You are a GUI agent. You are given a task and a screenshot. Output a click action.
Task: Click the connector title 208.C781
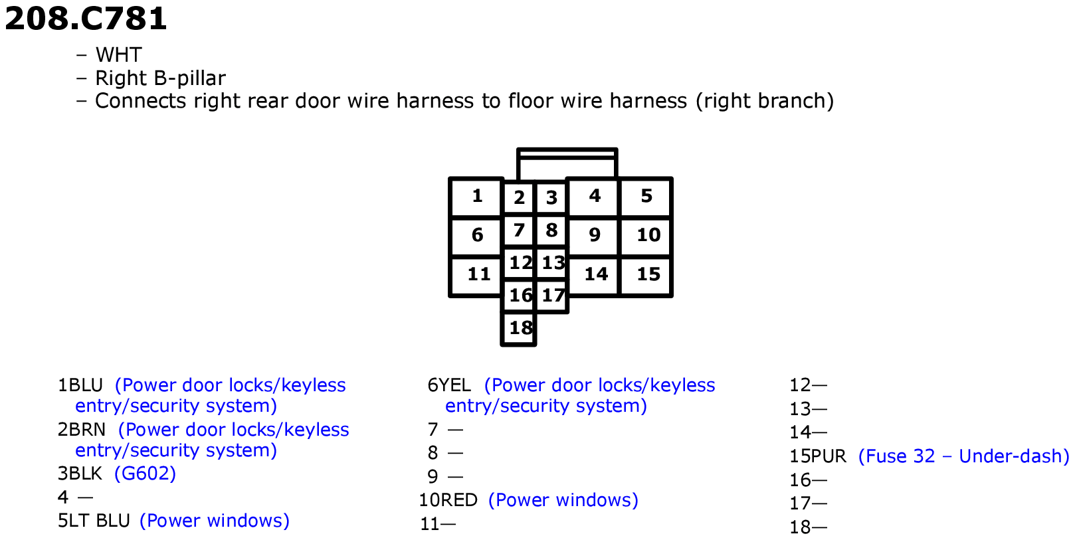click(86, 19)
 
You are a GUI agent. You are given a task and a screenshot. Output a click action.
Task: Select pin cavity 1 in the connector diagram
click(476, 197)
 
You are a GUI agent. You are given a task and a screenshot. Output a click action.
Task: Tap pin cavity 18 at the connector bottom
click(518, 329)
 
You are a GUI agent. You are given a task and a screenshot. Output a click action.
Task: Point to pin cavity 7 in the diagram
click(518, 230)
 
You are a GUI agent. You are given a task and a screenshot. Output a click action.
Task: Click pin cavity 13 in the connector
click(552, 263)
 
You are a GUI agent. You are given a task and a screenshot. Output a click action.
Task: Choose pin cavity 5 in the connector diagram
click(646, 197)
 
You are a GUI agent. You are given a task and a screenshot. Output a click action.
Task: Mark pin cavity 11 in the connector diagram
click(476, 276)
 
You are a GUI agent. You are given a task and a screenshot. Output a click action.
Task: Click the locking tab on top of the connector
click(567, 163)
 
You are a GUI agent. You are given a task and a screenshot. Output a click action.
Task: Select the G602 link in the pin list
click(145, 474)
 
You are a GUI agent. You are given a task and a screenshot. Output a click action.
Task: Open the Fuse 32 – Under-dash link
click(963, 456)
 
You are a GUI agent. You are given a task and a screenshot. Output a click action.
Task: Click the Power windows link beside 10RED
click(563, 500)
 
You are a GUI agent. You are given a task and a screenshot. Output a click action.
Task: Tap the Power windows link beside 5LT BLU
click(214, 521)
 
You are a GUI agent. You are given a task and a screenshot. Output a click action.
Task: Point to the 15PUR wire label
click(818, 456)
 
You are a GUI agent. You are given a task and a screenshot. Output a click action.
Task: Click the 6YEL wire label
click(449, 385)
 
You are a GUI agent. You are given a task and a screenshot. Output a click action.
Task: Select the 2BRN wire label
click(82, 430)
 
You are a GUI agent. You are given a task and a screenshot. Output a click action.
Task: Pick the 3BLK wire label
click(80, 474)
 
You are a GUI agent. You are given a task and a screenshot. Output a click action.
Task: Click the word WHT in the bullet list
click(118, 55)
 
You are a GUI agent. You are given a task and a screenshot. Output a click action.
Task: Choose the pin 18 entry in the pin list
click(808, 527)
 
